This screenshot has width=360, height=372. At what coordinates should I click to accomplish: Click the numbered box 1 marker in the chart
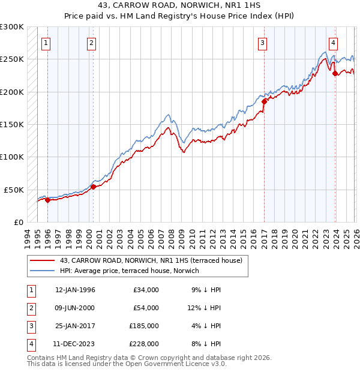click(x=46, y=43)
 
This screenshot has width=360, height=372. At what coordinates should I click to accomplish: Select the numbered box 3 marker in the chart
click(x=263, y=43)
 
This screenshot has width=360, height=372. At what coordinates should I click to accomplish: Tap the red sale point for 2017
click(x=263, y=102)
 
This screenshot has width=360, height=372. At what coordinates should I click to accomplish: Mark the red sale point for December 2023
click(x=335, y=74)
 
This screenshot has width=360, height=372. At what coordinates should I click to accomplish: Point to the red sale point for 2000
click(x=94, y=187)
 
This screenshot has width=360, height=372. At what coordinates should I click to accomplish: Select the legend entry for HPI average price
click(x=130, y=271)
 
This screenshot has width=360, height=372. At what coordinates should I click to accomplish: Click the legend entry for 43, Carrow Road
click(x=150, y=260)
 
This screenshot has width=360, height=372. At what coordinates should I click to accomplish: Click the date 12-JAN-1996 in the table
click(x=75, y=290)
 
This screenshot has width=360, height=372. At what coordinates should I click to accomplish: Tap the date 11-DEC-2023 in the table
click(x=75, y=344)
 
